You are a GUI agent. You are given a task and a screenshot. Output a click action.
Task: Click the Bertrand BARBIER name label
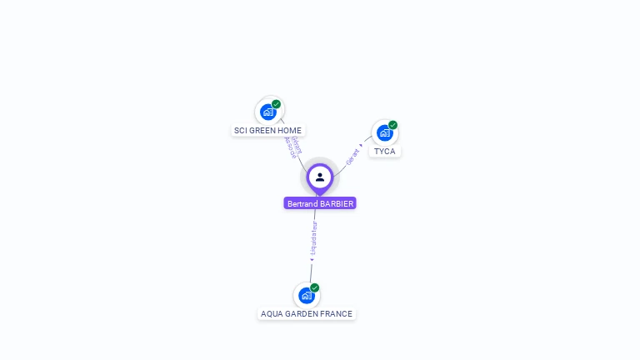[320, 203]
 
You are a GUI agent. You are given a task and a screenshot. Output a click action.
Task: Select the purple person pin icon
[320, 177]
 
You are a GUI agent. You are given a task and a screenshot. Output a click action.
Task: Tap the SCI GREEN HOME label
[267, 130]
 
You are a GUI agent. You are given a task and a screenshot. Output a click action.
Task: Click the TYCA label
[384, 151]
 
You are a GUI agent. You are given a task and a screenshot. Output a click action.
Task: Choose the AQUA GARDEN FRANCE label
[307, 314]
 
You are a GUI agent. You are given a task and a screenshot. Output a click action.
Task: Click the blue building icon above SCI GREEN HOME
[267, 112]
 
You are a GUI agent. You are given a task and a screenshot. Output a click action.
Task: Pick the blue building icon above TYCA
[383, 132]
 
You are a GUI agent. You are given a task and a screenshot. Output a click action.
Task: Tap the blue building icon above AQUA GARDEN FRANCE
[307, 295]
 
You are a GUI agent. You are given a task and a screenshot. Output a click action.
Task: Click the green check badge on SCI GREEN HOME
[276, 104]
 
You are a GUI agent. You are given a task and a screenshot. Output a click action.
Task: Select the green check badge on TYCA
[392, 125]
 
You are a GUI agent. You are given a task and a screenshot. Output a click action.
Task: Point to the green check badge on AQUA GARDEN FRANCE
[315, 287]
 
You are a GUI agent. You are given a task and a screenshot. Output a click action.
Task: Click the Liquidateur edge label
[313, 238]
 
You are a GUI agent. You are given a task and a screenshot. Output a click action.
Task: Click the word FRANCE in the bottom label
[337, 314]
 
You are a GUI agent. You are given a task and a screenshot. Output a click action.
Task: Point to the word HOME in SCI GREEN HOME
[291, 130]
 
